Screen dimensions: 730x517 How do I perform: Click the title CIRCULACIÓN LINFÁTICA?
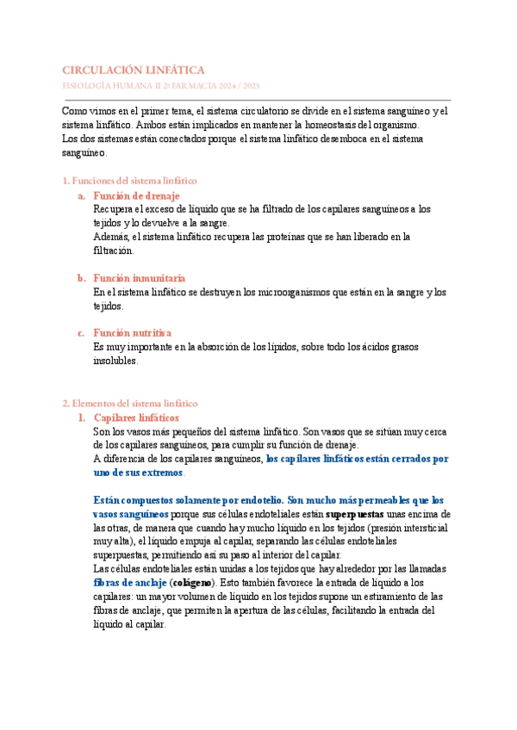[x=134, y=70]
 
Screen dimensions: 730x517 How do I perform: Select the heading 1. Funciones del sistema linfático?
[x=130, y=181]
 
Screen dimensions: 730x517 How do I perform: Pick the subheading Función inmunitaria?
[x=139, y=278]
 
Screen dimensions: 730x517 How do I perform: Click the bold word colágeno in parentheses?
[x=197, y=583]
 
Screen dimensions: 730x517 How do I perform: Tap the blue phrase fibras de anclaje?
[x=129, y=583]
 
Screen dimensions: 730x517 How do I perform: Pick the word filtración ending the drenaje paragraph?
[x=113, y=251]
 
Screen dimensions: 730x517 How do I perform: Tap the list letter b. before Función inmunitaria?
[x=80, y=278]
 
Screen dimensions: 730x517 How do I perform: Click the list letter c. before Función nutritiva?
[x=80, y=332]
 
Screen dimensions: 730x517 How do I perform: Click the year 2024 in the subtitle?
[x=232, y=87]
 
